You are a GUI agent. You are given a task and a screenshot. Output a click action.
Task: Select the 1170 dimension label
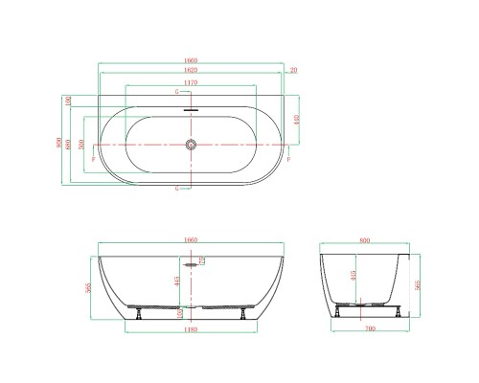193,82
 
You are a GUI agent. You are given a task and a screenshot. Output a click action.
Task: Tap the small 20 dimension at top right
293,70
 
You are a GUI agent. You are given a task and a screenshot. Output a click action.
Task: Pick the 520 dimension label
82,145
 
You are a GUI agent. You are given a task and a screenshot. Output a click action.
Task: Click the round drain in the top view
193,145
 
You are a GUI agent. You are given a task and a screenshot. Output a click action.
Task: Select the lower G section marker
177,190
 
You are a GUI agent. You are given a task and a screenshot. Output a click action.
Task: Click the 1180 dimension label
192,330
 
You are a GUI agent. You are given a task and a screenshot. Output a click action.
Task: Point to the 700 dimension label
366,331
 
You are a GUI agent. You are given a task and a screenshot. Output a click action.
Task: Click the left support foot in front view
140,311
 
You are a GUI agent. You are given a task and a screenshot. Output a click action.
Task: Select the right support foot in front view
246,311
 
